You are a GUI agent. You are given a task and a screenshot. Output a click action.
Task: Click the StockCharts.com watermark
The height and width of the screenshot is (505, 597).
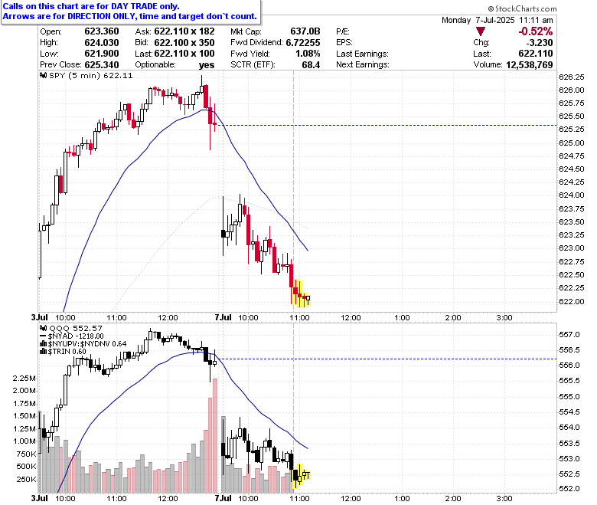pyautogui.click(x=522, y=8)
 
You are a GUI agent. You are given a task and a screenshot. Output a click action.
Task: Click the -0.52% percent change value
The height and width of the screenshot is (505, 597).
pyautogui.click(x=535, y=31)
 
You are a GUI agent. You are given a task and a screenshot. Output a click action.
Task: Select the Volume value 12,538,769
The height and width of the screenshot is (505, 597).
pyautogui.click(x=529, y=65)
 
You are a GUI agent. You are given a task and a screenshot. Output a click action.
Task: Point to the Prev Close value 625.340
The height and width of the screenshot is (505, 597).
pyautogui.click(x=102, y=65)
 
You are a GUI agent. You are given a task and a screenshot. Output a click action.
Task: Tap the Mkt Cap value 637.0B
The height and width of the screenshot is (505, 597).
pyautogui.click(x=305, y=31)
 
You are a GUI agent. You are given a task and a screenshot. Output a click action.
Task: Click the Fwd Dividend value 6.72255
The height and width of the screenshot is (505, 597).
pyautogui.click(x=303, y=43)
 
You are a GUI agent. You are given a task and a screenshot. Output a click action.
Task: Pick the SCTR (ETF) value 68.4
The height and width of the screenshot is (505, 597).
pyautogui.click(x=311, y=65)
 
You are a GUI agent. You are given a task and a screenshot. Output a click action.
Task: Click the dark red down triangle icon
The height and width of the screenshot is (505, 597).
pyautogui.click(x=481, y=31)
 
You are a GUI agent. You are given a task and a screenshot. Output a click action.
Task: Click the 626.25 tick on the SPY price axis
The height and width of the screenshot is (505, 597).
pyautogui.click(x=571, y=77)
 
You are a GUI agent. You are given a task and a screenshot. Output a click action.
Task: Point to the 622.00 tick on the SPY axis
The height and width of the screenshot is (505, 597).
pyautogui.click(x=571, y=301)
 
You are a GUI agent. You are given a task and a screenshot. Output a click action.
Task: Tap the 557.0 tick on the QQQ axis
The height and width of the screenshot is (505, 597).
pyautogui.click(x=569, y=335)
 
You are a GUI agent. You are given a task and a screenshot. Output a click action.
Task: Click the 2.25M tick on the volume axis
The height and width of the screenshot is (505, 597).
pyautogui.click(x=24, y=379)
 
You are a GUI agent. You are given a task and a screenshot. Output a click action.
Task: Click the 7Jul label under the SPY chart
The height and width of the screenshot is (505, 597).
pyautogui.click(x=223, y=317)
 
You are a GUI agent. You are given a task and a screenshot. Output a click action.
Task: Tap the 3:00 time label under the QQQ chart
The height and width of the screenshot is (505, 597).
pyautogui.click(x=504, y=498)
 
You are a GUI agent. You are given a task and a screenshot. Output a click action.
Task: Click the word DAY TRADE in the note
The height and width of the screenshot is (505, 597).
pyautogui.click(x=133, y=6)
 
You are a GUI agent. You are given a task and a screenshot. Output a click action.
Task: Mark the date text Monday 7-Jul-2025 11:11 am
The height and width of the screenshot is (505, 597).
pyautogui.click(x=497, y=20)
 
